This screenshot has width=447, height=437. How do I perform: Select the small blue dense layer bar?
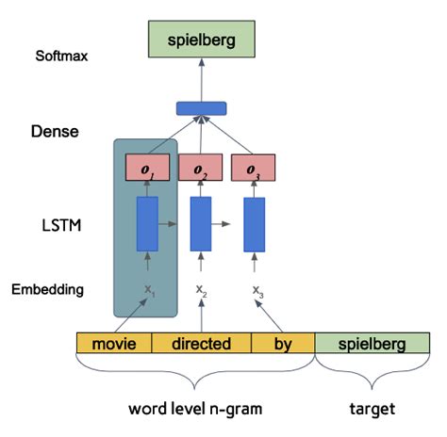tap(202, 106)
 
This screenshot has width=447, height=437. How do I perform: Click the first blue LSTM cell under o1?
tap(148, 223)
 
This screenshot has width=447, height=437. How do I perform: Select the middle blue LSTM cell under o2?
tap(201, 223)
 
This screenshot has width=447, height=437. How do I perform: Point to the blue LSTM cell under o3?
tap(254, 223)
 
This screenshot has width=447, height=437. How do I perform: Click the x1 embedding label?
tap(148, 290)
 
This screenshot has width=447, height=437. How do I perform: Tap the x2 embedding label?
tap(201, 290)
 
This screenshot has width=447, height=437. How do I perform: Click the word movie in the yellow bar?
tap(114, 344)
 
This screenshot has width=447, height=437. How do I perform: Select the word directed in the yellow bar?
tap(201, 344)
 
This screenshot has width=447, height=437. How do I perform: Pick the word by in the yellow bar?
tap(283, 344)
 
